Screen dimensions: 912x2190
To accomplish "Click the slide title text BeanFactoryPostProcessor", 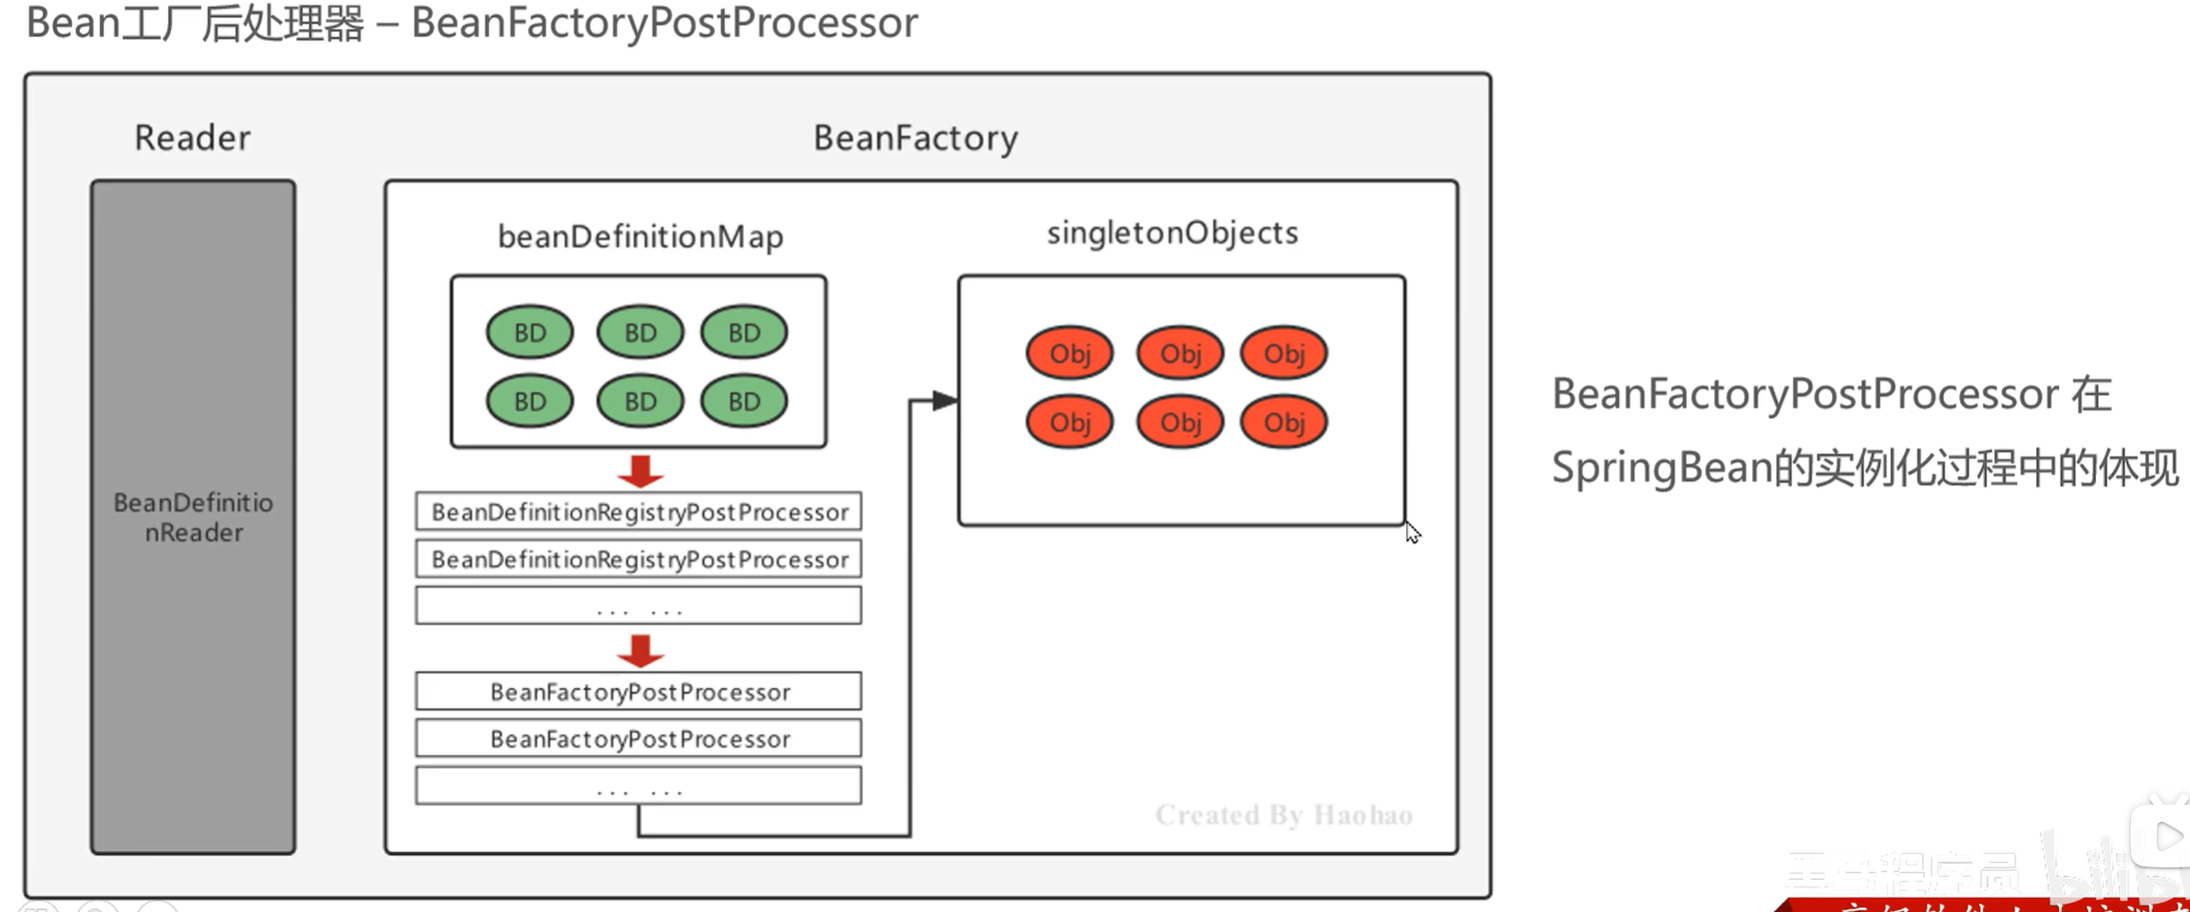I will [664, 23].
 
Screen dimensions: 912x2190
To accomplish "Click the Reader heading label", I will [192, 139].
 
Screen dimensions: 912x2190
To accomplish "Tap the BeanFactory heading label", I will [915, 139].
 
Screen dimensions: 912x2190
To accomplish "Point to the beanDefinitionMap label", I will [640, 237].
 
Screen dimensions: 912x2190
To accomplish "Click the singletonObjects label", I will [1171, 233].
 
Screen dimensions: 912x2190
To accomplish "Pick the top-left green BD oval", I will [529, 332].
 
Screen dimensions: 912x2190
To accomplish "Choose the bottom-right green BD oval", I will [744, 401].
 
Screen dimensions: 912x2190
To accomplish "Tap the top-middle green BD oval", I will [639, 332].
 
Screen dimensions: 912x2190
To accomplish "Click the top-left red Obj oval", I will [1069, 353].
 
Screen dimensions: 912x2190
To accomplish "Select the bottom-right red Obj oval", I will [1284, 422].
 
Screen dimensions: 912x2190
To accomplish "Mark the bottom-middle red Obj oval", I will [1180, 422].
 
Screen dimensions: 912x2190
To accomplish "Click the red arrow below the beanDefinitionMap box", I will [640, 470].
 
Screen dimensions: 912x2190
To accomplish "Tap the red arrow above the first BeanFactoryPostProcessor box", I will [640, 651].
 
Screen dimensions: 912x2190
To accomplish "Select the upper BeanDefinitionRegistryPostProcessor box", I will [638, 512].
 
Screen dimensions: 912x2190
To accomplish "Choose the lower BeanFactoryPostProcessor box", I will [638, 739].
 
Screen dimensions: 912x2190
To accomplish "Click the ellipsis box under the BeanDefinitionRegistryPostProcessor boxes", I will [638, 606].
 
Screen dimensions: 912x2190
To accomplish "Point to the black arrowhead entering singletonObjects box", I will [944, 401].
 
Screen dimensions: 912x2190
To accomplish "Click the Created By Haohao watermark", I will [1284, 815].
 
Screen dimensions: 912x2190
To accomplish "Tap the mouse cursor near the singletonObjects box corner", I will [1413, 533].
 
